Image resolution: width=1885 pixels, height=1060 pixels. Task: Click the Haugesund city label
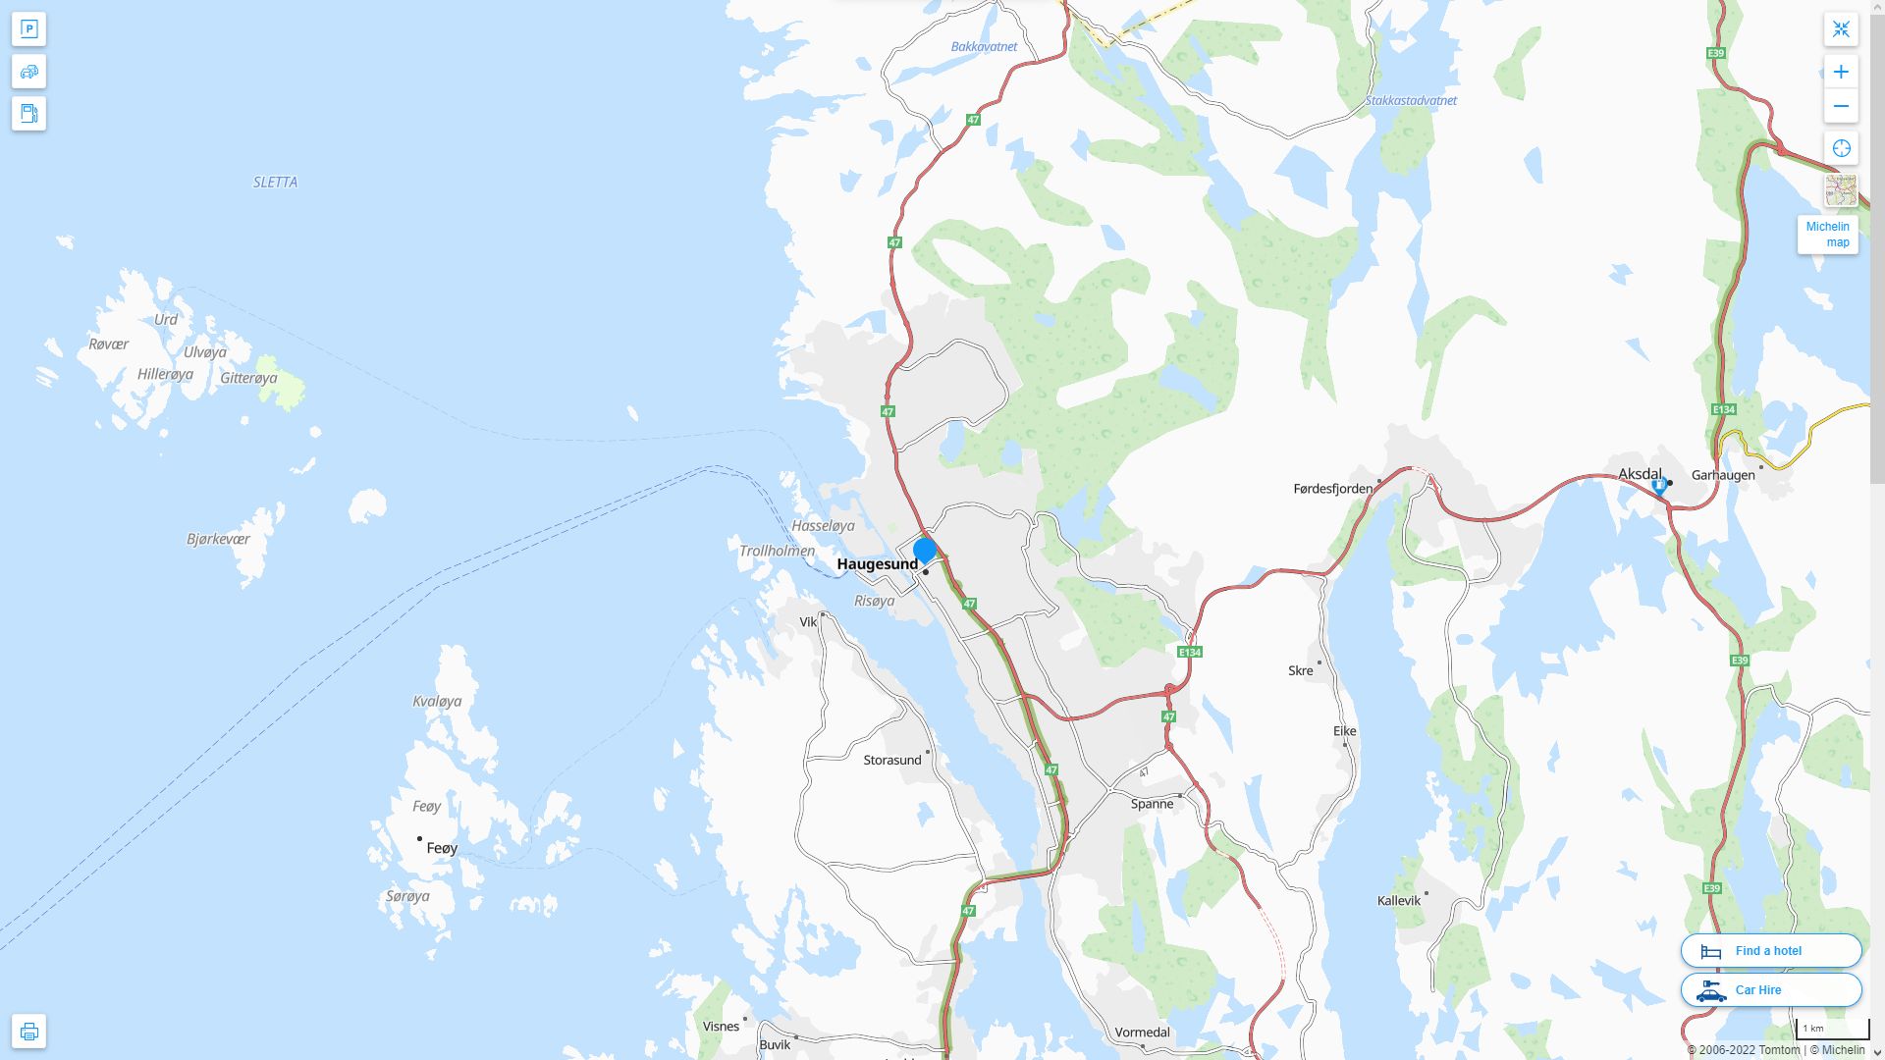pyautogui.click(x=877, y=564)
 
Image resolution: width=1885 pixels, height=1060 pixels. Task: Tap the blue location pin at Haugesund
pyautogui.click(x=924, y=551)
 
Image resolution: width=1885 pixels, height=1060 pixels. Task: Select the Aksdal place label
pyautogui.click(x=1640, y=475)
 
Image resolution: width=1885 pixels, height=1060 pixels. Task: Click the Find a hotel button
pyautogui.click(x=1770, y=951)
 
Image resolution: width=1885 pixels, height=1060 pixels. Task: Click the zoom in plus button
pyautogui.click(x=1841, y=72)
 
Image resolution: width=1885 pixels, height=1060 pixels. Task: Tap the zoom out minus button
pyautogui.click(x=1841, y=106)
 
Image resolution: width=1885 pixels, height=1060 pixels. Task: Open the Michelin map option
pyautogui.click(x=1827, y=235)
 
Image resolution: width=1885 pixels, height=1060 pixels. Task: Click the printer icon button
pyautogui.click(x=28, y=1032)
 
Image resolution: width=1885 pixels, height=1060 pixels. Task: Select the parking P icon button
pyautogui.click(x=28, y=29)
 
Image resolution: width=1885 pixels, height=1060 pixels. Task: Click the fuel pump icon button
pyautogui.click(x=28, y=114)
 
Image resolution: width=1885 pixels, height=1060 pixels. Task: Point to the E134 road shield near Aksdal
pyautogui.click(x=1723, y=409)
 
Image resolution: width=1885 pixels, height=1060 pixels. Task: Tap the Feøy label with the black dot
pyautogui.click(x=442, y=848)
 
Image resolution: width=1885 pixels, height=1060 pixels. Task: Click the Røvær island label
pyautogui.click(x=108, y=344)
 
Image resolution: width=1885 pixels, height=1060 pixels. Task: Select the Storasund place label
pyautogui.click(x=891, y=761)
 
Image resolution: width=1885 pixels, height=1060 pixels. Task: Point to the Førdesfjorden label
pyautogui.click(x=1332, y=489)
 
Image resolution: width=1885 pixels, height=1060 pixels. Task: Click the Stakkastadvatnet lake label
pyautogui.click(x=1410, y=101)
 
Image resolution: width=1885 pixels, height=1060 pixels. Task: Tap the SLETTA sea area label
pyautogui.click(x=275, y=183)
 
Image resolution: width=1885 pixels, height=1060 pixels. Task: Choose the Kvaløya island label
pyautogui.click(x=436, y=702)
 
